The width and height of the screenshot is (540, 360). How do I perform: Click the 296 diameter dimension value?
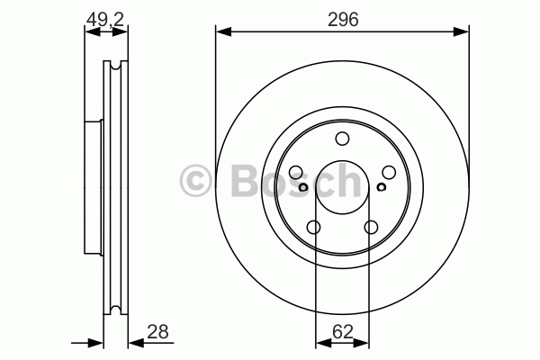(343, 19)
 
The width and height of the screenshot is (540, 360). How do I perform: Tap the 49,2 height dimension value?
(105, 19)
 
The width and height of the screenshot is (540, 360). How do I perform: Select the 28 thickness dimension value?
(157, 332)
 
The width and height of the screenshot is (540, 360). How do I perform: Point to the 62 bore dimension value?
(343, 332)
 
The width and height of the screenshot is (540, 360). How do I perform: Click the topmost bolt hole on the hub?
(342, 139)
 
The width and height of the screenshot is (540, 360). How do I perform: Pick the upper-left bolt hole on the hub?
(296, 172)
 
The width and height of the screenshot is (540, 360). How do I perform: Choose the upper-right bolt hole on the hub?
(389, 172)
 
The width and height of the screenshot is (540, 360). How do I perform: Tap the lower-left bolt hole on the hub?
(314, 228)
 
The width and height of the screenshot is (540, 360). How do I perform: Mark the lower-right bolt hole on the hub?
(371, 228)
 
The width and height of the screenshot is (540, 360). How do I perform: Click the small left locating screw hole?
(303, 187)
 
